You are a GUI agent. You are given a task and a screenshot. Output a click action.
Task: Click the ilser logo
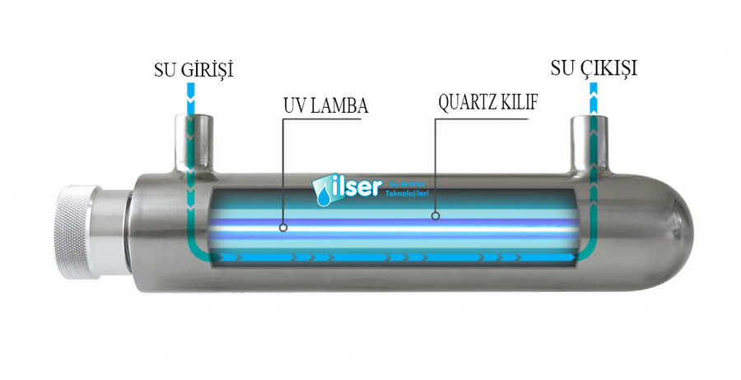(x=347, y=188)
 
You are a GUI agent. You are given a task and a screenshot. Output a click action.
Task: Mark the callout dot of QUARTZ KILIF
(x=436, y=216)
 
